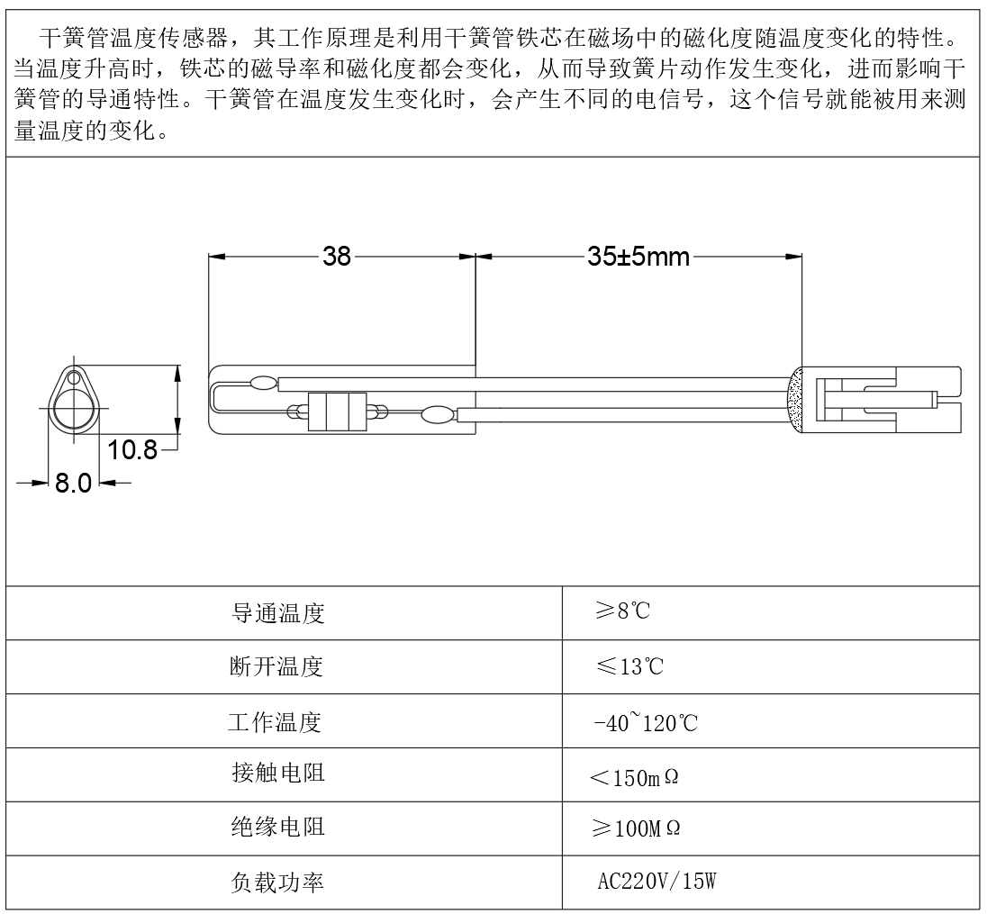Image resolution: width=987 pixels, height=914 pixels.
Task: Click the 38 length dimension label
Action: point(337,257)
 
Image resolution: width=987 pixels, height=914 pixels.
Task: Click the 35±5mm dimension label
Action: point(638,257)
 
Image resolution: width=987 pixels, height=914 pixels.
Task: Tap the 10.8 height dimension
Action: point(132,450)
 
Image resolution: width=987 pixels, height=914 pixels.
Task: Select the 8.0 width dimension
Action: point(73,483)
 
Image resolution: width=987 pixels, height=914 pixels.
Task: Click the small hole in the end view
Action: point(74,377)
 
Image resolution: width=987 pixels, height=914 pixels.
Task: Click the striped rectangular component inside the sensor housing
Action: point(337,412)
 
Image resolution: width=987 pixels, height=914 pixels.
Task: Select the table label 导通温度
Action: point(277,612)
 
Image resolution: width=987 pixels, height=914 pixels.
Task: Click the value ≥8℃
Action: point(623,611)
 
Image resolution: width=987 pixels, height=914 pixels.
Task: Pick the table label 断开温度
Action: point(276,666)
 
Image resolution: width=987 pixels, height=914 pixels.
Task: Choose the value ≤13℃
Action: point(629,666)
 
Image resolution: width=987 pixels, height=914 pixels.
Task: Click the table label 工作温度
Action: point(275,722)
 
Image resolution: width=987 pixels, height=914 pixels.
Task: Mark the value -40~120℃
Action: point(646,722)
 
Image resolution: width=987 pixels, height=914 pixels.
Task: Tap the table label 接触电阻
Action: point(278,773)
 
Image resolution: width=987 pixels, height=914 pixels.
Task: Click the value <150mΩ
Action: point(635,778)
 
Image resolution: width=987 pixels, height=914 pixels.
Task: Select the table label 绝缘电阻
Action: point(278,827)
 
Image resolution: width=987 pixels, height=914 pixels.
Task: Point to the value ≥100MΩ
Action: point(637,828)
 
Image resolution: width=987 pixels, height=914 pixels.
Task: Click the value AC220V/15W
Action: point(656,882)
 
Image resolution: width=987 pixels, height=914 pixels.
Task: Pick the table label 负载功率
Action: point(277,882)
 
